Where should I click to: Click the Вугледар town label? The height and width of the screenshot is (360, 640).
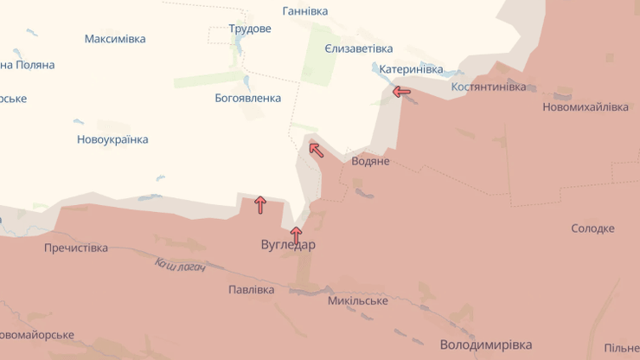(288, 245)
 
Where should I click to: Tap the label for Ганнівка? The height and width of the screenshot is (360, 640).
(305, 11)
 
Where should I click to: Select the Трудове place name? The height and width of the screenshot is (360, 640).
(250, 29)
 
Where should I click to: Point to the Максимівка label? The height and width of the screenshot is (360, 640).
(115, 39)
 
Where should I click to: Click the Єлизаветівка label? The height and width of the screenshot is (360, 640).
(359, 48)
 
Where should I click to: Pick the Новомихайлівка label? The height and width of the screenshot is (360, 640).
(586, 107)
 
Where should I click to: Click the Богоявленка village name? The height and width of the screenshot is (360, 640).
(248, 98)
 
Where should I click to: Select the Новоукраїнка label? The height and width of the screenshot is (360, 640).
(112, 139)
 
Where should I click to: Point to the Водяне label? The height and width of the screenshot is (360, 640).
(371, 161)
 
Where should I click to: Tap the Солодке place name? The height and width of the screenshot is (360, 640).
(593, 228)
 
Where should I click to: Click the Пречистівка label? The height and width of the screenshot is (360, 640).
(76, 248)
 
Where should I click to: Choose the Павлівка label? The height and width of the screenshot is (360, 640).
(252, 290)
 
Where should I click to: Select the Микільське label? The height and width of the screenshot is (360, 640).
(358, 300)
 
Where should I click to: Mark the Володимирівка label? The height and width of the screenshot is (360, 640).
(485, 344)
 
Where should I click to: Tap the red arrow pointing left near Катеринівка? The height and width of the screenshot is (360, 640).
(401, 91)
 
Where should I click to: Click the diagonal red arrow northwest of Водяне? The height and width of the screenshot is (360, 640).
(317, 151)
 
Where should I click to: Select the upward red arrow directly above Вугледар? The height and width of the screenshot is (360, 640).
(296, 234)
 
